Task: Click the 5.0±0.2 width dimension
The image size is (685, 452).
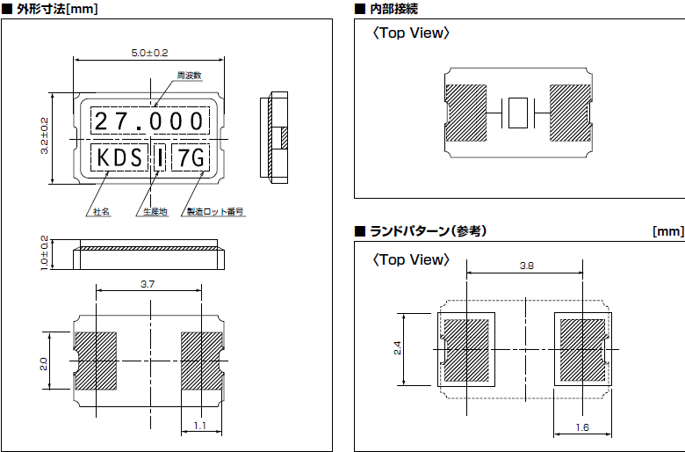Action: pos(149,53)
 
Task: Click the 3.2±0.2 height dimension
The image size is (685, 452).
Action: pos(44,136)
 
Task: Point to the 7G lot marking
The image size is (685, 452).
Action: pos(191,158)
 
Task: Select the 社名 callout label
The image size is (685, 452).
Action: pos(101,212)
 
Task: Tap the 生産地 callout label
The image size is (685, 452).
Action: pos(151,212)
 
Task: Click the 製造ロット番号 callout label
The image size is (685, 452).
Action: pos(214,212)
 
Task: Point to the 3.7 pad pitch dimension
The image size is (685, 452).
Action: pos(148,283)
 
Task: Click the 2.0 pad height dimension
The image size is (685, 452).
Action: pos(44,361)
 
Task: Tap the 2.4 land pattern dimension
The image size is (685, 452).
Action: pos(397,348)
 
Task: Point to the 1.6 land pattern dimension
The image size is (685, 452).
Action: pos(582,426)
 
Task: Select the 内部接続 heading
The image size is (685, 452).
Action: pos(392,9)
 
